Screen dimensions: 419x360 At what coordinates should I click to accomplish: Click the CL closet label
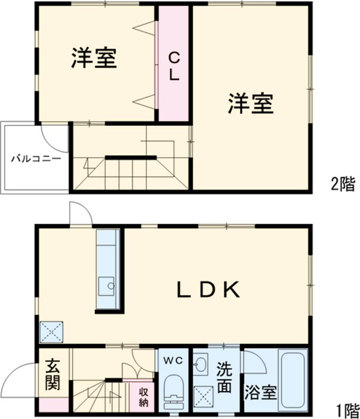tap(173, 68)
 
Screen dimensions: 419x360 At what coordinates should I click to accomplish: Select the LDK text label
tap(208, 290)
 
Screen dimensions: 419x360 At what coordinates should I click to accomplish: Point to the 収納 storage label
tap(144, 397)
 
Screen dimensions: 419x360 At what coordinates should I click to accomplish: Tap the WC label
tap(173, 360)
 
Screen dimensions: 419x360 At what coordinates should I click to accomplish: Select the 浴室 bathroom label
tap(261, 393)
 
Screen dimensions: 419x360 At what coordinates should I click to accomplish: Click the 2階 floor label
tap(342, 184)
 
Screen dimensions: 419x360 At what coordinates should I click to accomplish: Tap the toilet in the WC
tap(174, 389)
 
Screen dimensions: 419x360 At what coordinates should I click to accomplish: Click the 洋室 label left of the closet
tap(94, 58)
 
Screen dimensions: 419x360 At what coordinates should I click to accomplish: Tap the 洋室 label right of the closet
tap(251, 104)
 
